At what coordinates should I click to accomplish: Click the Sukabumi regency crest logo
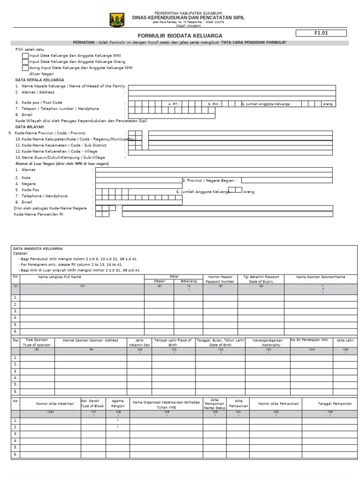(117, 20)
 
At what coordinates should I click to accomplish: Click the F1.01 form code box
(321, 33)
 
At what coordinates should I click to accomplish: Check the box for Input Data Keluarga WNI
(25, 56)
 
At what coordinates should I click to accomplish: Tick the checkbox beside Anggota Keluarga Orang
(25, 62)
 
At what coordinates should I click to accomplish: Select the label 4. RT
(173, 104)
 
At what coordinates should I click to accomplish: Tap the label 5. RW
(214, 104)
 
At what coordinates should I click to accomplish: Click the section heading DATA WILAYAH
(30, 127)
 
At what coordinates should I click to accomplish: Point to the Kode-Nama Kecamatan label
(61, 145)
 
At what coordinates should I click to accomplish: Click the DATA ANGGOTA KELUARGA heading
(38, 248)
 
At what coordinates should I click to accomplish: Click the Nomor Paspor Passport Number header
(220, 279)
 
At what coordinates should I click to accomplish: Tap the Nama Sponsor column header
(321, 277)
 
